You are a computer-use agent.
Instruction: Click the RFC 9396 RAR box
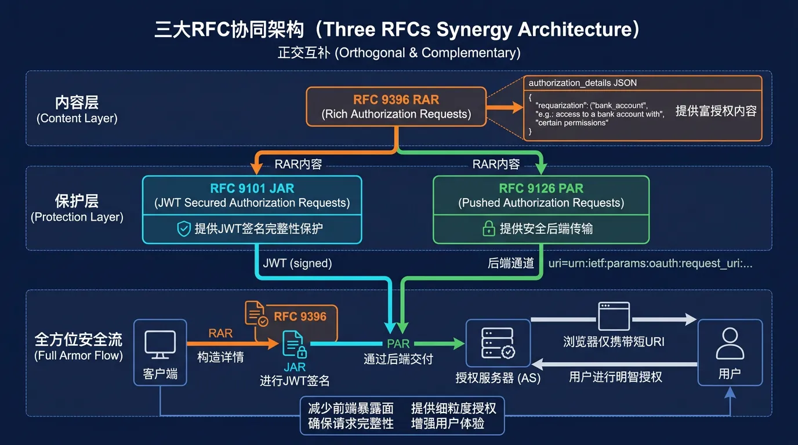(x=396, y=107)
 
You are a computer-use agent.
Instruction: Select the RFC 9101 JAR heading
(x=252, y=188)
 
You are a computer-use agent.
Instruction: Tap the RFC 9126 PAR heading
(x=541, y=188)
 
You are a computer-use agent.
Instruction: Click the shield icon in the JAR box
(x=184, y=229)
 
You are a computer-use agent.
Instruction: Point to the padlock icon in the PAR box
(x=489, y=229)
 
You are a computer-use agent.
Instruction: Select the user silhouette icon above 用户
(x=730, y=344)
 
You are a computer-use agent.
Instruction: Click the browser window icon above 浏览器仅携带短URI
(x=614, y=316)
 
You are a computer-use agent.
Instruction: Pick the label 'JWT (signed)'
(x=298, y=263)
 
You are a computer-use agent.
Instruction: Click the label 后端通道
(x=511, y=263)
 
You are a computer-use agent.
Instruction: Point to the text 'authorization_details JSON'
(x=583, y=83)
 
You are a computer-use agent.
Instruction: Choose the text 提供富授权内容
(x=716, y=111)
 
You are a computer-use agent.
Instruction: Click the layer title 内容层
(x=77, y=103)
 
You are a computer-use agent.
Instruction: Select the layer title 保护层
(x=77, y=201)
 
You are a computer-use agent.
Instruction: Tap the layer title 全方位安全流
(x=78, y=339)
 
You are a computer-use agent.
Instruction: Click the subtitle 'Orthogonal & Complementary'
(x=427, y=53)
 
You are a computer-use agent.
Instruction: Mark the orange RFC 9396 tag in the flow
(x=300, y=316)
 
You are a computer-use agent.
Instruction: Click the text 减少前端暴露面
(x=350, y=408)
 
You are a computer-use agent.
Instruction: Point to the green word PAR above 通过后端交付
(x=398, y=344)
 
